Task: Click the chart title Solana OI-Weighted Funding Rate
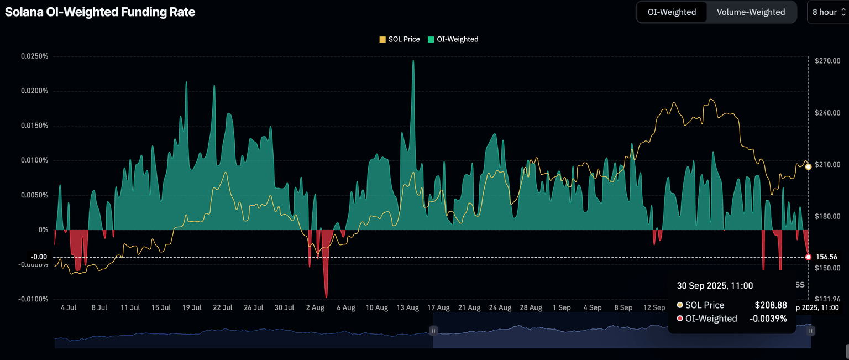tap(100, 12)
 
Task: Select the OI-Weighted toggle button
tap(672, 12)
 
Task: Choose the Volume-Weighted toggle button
tap(750, 12)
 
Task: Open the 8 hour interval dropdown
tap(827, 12)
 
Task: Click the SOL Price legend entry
tap(399, 39)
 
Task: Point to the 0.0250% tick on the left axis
tap(35, 56)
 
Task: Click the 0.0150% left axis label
tap(35, 126)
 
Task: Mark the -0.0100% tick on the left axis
tap(34, 299)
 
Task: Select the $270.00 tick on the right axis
tap(828, 61)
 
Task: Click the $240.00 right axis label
tap(828, 113)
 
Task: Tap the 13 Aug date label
tap(408, 307)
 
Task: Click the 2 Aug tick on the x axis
tap(315, 307)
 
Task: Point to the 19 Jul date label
tap(192, 307)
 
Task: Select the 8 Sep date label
tap(623, 307)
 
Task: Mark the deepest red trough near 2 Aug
tap(326, 296)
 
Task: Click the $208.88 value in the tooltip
tap(771, 305)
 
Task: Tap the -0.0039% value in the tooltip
tap(768, 319)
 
